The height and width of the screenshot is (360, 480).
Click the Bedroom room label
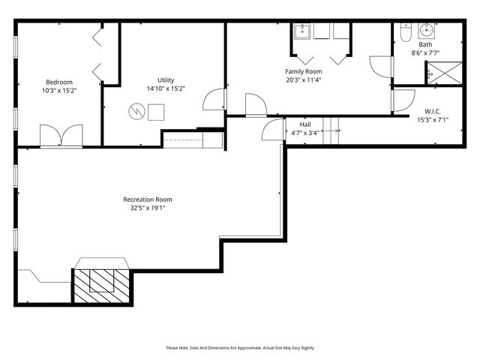[x=58, y=82]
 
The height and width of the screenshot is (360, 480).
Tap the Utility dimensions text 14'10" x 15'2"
[x=166, y=88]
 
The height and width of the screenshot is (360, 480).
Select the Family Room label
[x=303, y=72]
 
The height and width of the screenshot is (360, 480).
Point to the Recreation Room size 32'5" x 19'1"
[x=148, y=208]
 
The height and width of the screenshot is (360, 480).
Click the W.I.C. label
[x=432, y=112]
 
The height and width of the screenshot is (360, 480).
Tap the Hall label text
[x=305, y=124]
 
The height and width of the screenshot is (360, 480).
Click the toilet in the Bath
[x=403, y=34]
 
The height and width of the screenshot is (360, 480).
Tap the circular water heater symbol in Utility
[x=136, y=111]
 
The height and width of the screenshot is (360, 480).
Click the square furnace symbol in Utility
[x=156, y=111]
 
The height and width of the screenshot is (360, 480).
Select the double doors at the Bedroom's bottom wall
[x=61, y=136]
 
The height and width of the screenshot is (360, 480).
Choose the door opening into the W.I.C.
[x=403, y=100]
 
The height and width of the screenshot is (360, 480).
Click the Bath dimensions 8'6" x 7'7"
[x=425, y=53]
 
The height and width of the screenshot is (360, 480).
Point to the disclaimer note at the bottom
[x=240, y=348]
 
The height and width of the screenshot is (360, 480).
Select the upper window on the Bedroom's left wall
[x=16, y=44]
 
